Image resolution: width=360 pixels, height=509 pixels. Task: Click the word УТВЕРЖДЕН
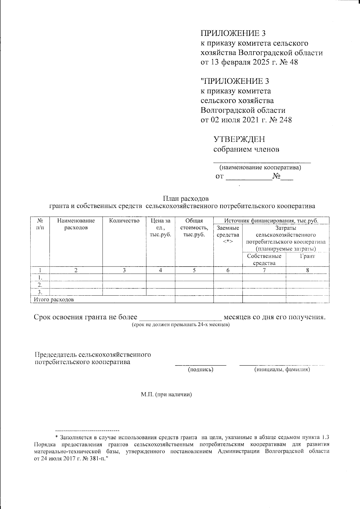pyautogui.click(x=239, y=139)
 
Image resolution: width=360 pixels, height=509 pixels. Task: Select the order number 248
pyautogui.click(x=285, y=120)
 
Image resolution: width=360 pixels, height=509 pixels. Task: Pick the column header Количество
pyautogui.click(x=124, y=221)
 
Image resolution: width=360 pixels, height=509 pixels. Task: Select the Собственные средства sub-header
pyautogui.click(x=264, y=260)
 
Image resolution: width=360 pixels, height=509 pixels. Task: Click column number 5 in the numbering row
pyautogui.click(x=194, y=270)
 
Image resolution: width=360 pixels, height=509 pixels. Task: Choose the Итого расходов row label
pyautogui.click(x=54, y=300)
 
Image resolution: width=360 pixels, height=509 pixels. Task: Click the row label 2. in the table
pyautogui.click(x=39, y=285)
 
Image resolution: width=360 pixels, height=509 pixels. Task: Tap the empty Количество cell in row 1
pyautogui.click(x=124, y=277)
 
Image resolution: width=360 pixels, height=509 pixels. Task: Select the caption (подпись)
pyautogui.click(x=200, y=370)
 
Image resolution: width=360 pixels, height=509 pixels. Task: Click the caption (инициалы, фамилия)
pyautogui.click(x=282, y=370)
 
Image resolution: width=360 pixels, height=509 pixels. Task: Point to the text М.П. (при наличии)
pyautogui.click(x=166, y=394)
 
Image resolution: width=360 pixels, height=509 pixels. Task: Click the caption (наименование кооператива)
pyautogui.click(x=260, y=167)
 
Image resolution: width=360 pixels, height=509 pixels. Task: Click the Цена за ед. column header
pyautogui.click(x=160, y=227)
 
